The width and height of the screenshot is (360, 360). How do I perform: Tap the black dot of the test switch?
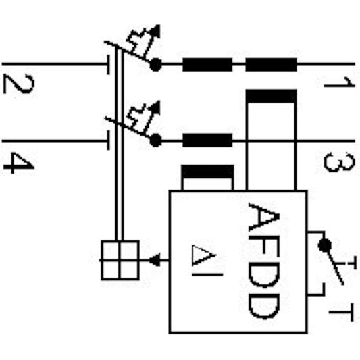pyautogui.click(x=326, y=243)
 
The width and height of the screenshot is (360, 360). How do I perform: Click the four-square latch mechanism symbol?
pyautogui.click(x=120, y=259)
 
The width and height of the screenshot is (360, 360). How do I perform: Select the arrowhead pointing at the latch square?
pyautogui.click(x=155, y=259)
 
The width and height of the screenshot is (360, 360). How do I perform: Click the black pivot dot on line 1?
pyautogui.click(x=155, y=65)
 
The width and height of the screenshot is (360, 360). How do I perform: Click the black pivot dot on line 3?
pyautogui.click(x=155, y=140)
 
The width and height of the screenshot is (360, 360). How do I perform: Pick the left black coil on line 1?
pyautogui.click(x=207, y=65)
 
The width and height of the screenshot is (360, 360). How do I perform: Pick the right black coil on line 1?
pyautogui.click(x=270, y=65)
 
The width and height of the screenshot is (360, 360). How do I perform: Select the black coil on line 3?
pyautogui.click(x=207, y=140)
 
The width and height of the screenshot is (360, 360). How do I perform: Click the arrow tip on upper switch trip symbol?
pyautogui.click(x=157, y=28)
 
